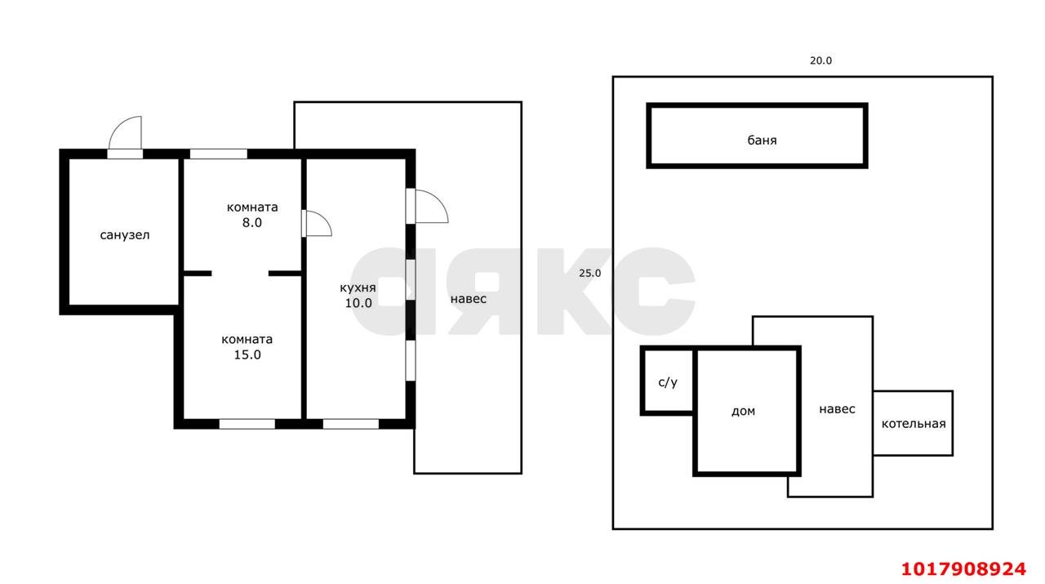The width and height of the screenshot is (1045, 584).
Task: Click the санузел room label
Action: tap(125, 234)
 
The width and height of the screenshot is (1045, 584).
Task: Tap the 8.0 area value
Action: tap(252, 223)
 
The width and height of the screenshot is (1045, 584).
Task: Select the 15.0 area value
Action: tap(247, 354)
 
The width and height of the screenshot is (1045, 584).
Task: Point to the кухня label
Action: tap(358, 288)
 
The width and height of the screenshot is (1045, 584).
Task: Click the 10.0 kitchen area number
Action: tap(358, 303)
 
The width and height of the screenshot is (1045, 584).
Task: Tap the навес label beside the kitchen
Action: tap(469, 299)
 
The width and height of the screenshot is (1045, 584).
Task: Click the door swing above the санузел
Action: tap(125, 133)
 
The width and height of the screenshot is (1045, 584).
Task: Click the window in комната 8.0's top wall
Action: tap(218, 154)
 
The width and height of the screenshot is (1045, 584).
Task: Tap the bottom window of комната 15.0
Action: tap(247, 424)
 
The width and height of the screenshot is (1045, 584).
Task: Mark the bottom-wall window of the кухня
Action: tap(351, 424)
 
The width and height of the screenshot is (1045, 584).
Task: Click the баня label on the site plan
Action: tap(762, 140)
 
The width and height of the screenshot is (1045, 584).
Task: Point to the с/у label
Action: tap(668, 382)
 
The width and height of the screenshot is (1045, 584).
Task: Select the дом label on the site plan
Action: tap(743, 412)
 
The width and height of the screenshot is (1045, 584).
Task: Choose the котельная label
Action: tap(914, 424)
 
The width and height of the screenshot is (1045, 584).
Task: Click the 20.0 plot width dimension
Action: tap(820, 60)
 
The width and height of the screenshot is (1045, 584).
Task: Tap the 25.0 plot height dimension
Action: tap(589, 274)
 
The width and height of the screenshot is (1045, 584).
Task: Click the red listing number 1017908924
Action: tap(963, 569)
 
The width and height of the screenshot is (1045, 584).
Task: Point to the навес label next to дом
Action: tap(837, 409)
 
